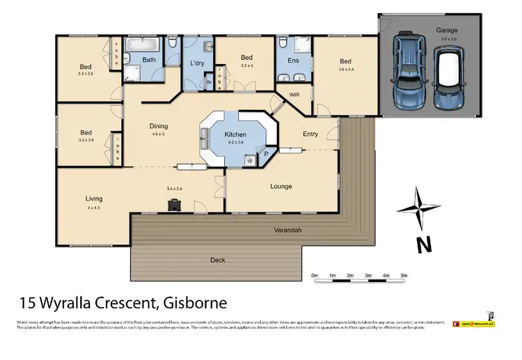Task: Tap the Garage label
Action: [446, 31]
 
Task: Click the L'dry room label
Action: [197, 63]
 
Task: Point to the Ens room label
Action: [293, 61]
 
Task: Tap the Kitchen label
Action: [235, 135]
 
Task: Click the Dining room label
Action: [159, 126]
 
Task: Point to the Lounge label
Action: [281, 186]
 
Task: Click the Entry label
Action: [310, 134]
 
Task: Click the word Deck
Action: [218, 260]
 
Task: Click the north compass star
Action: [416, 209]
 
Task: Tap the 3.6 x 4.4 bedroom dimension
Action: [346, 69]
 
